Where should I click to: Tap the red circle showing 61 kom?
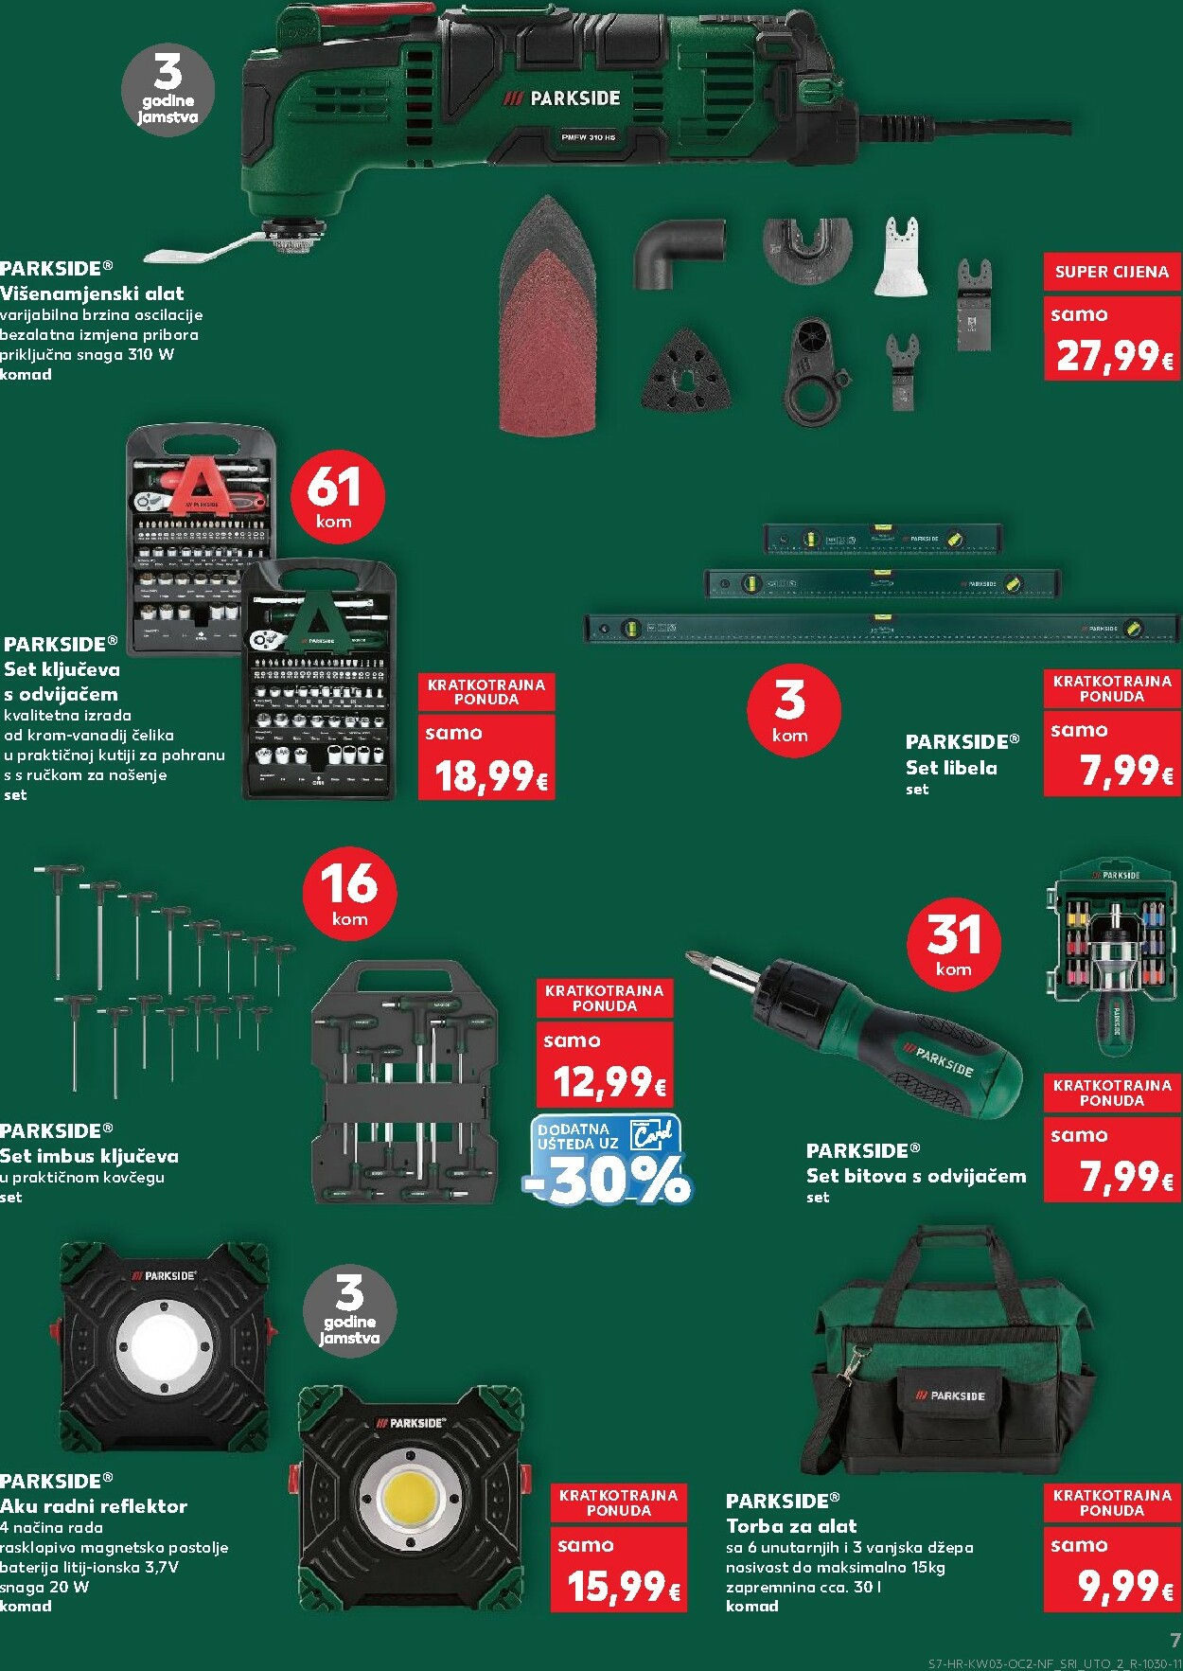click(333, 495)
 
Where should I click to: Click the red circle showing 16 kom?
click(349, 893)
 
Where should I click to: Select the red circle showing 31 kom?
click(953, 943)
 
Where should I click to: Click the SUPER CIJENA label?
click(1112, 272)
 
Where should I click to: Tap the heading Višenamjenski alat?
click(92, 293)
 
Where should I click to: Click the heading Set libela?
click(951, 768)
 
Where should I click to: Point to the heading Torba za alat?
click(791, 1526)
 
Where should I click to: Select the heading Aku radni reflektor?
click(94, 1505)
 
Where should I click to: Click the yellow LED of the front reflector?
click(412, 1501)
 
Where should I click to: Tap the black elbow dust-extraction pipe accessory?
click(678, 251)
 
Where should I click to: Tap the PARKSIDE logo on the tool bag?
click(951, 1395)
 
